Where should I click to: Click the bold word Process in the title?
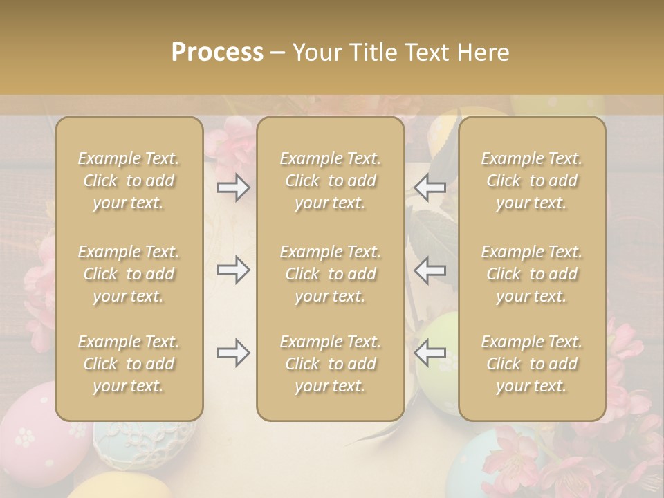click(217, 53)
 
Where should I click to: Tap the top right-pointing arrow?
click(234, 187)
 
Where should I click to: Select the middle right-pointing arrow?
click(234, 270)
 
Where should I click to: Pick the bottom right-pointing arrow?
click(234, 353)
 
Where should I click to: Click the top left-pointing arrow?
click(430, 187)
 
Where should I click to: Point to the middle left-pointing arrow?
click(430, 270)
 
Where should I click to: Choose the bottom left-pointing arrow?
click(430, 353)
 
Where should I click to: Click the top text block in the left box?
click(129, 181)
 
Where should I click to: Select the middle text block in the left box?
click(129, 274)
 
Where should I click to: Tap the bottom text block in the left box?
click(129, 364)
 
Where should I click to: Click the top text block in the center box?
click(331, 181)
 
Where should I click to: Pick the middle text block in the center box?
click(331, 274)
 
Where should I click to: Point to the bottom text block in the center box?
click(331, 364)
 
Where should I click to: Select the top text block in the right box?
click(532, 181)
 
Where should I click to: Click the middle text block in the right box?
click(532, 274)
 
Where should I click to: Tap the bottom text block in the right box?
click(532, 364)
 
